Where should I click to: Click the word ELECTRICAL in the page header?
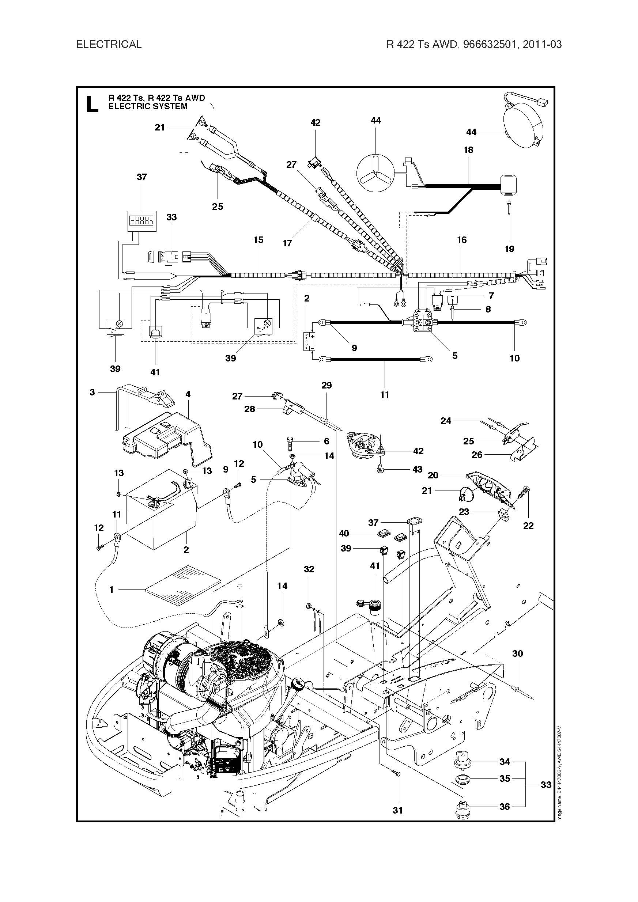pos(109,44)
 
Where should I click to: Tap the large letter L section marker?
pos(92,104)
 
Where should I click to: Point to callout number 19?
pos(509,249)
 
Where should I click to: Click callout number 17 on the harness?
pos(287,243)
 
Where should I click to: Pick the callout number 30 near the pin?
pos(517,653)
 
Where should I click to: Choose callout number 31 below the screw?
pos(398,810)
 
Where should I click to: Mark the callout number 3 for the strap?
pos(93,392)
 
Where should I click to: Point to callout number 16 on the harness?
pos(461,240)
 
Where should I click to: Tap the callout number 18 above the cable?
pos(468,150)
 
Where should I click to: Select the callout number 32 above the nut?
pos(309,569)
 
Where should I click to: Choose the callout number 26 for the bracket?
pos(477,455)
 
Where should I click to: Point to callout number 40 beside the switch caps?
pos(344,533)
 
